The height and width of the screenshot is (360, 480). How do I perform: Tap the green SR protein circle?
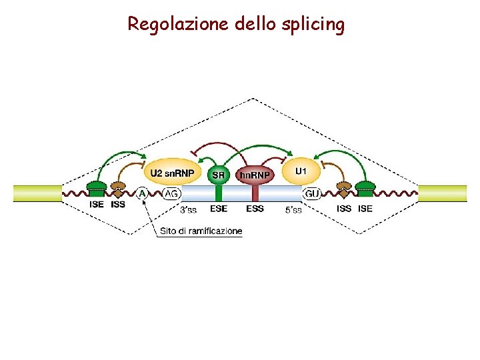point(218,175)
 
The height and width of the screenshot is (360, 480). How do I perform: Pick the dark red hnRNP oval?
point(255,175)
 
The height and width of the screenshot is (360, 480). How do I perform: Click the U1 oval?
point(301,173)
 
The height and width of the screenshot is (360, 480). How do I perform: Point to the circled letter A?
point(143,193)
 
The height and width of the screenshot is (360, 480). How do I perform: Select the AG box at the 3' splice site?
point(171,193)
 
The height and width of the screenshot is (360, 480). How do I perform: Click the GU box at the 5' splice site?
point(312,193)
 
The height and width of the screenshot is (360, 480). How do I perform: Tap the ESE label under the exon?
point(218,209)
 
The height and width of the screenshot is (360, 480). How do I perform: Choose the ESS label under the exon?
point(255,209)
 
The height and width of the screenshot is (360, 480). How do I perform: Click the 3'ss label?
point(188,210)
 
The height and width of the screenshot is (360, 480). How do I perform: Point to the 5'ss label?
point(293,210)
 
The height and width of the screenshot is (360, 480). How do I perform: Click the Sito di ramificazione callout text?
point(201,231)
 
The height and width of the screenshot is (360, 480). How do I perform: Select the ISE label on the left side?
point(97,205)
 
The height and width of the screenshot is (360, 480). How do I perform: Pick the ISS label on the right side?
point(344,209)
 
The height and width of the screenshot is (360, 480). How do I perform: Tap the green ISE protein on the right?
point(365,189)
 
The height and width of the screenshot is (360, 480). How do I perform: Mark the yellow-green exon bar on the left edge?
point(37,193)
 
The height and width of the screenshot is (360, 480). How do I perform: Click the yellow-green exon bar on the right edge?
point(443,193)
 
